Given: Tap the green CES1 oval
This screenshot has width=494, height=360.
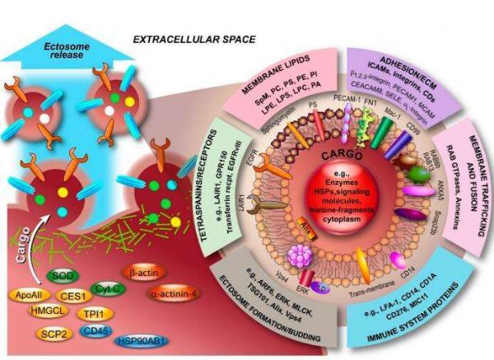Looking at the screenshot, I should [77, 293].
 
